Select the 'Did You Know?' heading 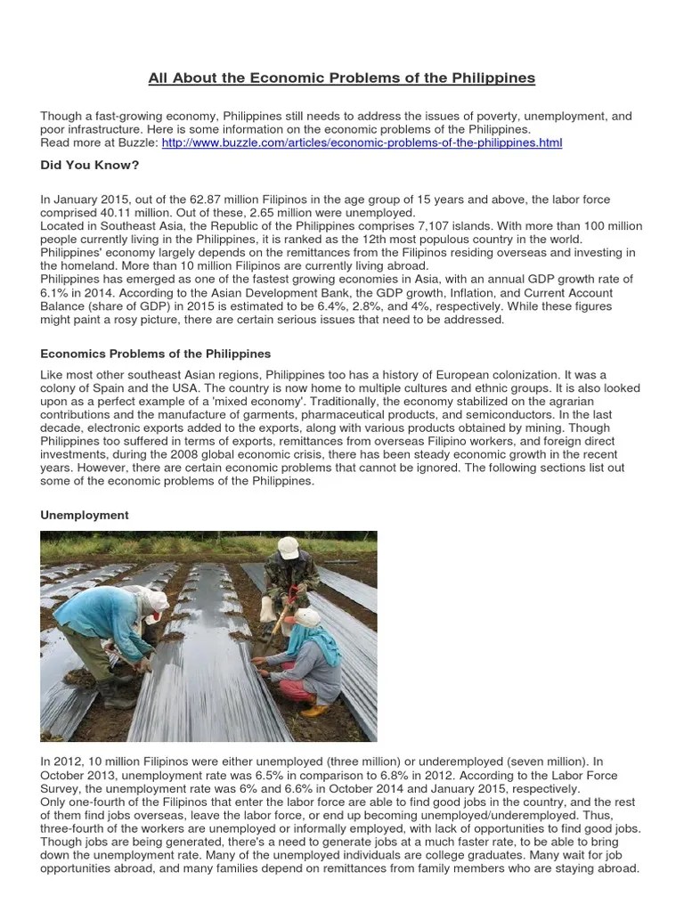point(89,165)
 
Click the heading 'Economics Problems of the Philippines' point(156,354)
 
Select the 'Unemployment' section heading point(85,515)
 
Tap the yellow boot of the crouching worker point(313,710)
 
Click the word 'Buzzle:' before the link point(137,142)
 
